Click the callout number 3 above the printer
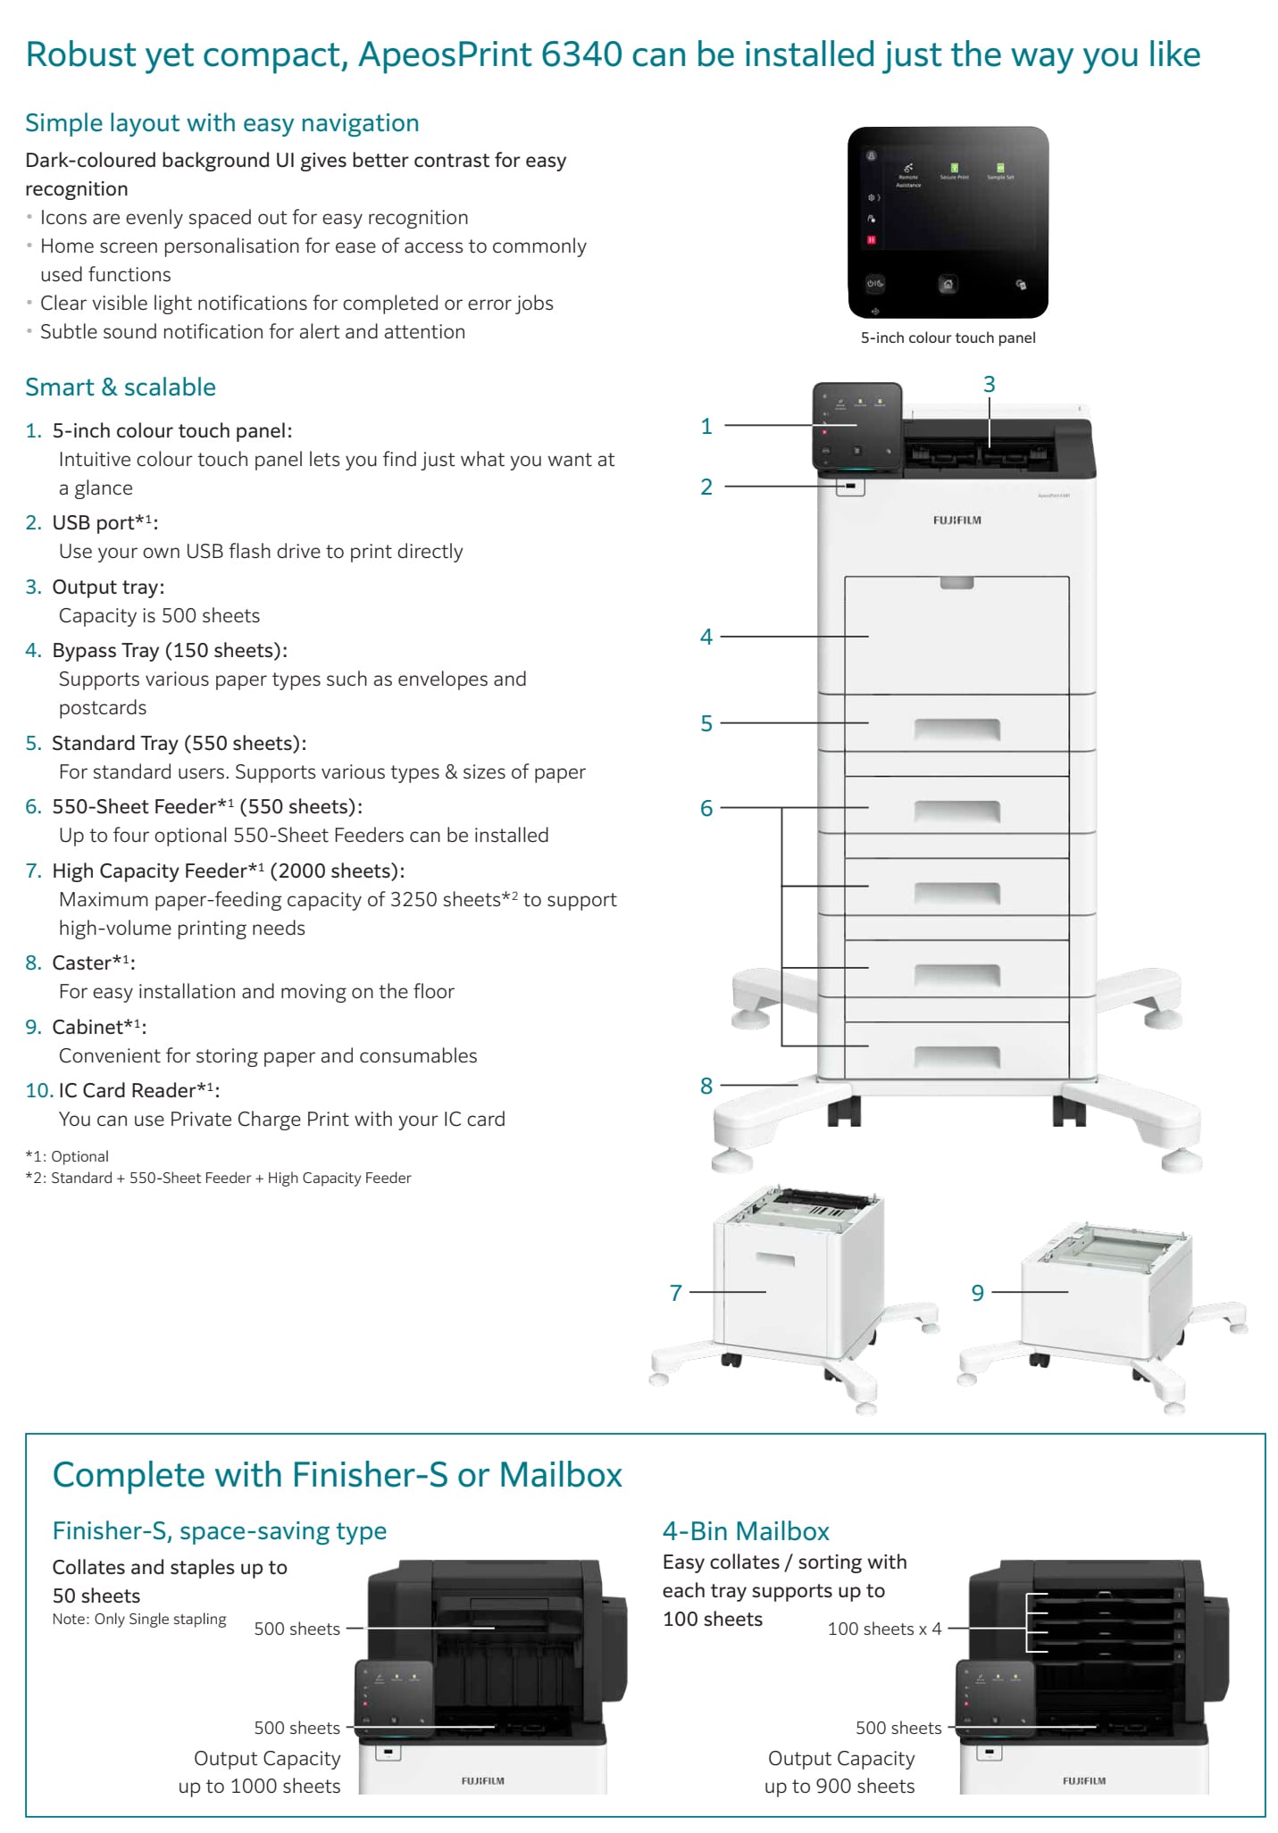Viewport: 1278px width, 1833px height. click(989, 384)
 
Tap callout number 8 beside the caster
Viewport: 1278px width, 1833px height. click(706, 1085)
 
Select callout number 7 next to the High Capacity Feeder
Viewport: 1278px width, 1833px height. click(675, 1292)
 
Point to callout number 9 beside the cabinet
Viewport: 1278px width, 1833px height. click(977, 1292)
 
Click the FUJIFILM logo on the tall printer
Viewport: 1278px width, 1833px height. click(956, 520)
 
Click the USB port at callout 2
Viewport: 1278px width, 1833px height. click(850, 487)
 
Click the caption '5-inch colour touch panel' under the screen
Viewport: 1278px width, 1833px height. click(948, 337)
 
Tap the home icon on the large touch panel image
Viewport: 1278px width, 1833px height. click(948, 284)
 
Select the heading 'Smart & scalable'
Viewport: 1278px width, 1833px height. click(121, 387)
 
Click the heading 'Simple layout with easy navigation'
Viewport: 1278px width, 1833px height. click(221, 122)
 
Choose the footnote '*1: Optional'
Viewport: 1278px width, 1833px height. click(67, 1156)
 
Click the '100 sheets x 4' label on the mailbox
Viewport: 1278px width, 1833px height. click(884, 1629)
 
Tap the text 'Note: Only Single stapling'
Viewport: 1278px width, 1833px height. click(139, 1619)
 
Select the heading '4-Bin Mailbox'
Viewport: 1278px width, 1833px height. click(746, 1531)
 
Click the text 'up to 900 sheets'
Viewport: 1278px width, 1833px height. click(839, 1786)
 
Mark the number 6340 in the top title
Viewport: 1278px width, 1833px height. click(581, 54)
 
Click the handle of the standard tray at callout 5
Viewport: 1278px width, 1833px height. click(956, 729)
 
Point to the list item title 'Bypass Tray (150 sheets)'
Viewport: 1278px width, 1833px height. click(170, 650)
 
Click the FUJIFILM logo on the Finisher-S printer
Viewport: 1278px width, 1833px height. click(482, 1780)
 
